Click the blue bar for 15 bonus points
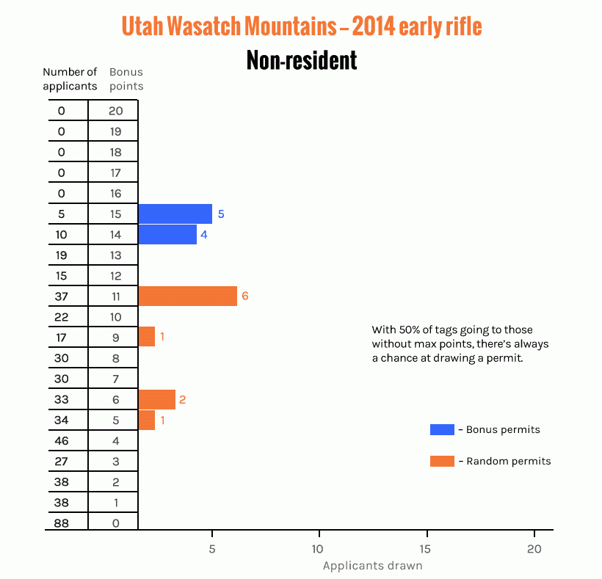point(175,214)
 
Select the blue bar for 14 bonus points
point(167,235)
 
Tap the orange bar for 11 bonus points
point(187,296)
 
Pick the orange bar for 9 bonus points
point(147,337)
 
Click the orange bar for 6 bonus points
point(157,400)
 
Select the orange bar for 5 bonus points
point(147,420)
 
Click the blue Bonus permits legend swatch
point(442,429)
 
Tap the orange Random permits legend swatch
point(442,462)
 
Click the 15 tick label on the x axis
point(426,549)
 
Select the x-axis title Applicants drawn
point(372,566)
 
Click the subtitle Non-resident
point(302,60)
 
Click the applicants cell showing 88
point(61,523)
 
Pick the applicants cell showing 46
point(61,441)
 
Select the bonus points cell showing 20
point(113,111)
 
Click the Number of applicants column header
point(70,79)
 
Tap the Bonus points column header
point(126,79)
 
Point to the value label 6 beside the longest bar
point(245,296)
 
